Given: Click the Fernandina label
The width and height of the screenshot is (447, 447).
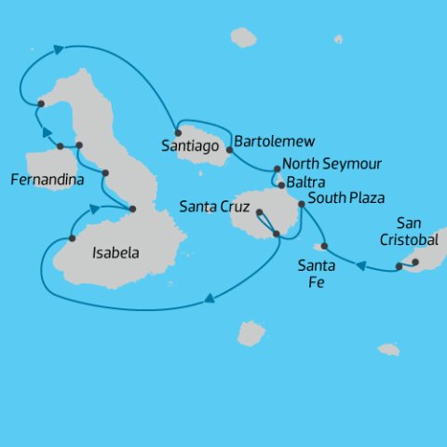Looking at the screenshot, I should click(44, 177).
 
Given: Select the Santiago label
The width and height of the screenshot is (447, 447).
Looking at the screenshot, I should click(190, 146).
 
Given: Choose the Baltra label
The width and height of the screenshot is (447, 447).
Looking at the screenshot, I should click(306, 182).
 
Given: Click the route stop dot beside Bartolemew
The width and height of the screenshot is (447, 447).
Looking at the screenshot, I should click(230, 148).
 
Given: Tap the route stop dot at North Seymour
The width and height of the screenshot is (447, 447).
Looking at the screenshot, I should click(277, 169).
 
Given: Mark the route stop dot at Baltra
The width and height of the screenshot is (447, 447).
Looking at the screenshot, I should click(281, 184).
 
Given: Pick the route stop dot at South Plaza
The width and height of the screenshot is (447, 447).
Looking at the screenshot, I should click(301, 203).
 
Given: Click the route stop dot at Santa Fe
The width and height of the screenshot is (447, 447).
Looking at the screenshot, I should click(324, 246).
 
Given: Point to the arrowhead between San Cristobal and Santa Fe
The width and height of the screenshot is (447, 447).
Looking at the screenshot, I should click(360, 266).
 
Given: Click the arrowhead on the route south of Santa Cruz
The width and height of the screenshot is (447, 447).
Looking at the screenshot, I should click(210, 299).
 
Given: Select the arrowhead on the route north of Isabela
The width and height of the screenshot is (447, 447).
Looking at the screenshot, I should click(59, 48).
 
